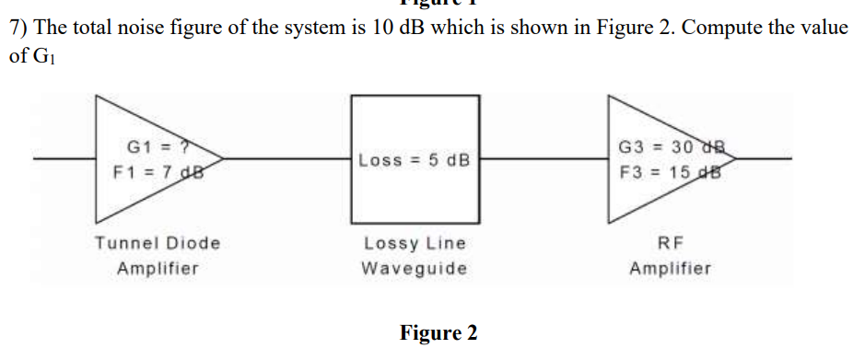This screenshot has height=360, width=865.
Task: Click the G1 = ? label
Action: click(157, 145)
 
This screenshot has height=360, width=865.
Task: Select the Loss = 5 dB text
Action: click(415, 160)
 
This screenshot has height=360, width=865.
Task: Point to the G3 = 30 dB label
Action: click(671, 145)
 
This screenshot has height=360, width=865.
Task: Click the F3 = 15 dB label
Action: click(671, 170)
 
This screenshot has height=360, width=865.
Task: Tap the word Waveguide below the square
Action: click(415, 269)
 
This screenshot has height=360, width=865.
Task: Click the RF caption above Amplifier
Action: click(671, 243)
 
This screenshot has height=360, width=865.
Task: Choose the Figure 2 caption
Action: click(438, 332)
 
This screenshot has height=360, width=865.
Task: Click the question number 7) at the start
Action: click(18, 27)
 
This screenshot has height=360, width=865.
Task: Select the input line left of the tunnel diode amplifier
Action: click(64, 158)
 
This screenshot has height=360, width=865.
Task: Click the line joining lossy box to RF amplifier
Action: click(544, 158)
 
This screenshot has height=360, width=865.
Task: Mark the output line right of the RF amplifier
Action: click(765, 158)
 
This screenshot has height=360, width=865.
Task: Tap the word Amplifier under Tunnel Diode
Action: click(158, 269)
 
